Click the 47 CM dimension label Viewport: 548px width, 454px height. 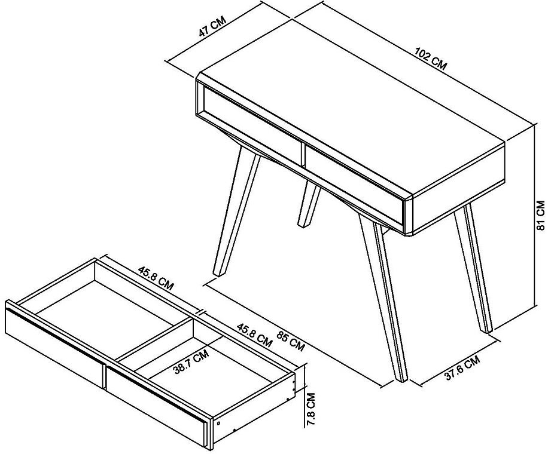[x=213, y=29]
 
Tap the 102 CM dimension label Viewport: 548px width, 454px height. [x=431, y=60]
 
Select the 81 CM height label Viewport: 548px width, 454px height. [x=540, y=216]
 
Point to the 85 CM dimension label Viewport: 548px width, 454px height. [x=291, y=343]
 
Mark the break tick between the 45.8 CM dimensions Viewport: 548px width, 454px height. [x=201, y=311]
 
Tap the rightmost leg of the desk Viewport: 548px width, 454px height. [x=474, y=269]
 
